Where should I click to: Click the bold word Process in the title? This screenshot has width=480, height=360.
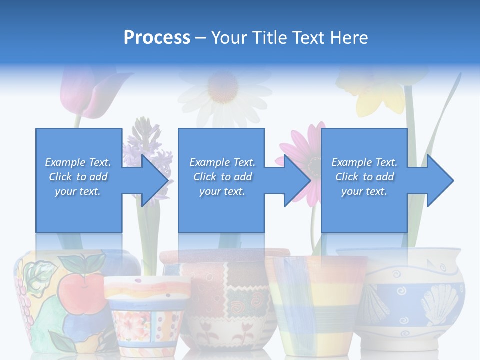[157, 38]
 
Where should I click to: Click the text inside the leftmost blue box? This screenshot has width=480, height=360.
[78, 177]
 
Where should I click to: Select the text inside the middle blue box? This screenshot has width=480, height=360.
[222, 177]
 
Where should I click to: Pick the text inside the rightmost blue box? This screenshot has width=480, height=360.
[364, 177]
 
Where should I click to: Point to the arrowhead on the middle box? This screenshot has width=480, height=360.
[296, 180]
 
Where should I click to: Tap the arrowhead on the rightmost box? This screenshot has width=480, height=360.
[439, 180]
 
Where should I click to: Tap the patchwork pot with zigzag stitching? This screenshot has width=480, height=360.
[225, 300]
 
